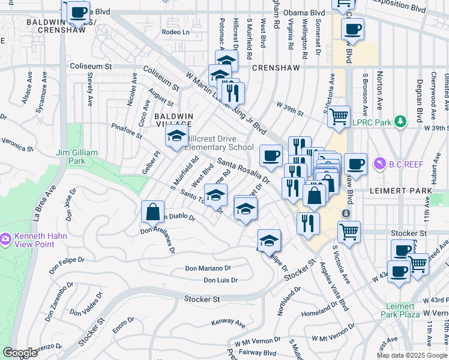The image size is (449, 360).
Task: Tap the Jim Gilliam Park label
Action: point(76,157)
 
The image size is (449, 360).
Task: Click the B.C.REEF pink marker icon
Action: point(378,163)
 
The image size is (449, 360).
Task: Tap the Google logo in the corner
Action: point(20,353)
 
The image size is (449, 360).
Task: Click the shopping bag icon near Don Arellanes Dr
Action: point(153,211)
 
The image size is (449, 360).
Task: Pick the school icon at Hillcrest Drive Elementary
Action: point(176,138)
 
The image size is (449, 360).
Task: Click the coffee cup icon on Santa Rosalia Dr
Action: point(271,155)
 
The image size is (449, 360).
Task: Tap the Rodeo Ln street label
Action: point(175,32)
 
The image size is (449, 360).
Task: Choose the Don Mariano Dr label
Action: point(208,268)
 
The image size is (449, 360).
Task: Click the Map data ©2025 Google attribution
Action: point(412,355)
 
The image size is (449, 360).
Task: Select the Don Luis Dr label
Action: point(220,280)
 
